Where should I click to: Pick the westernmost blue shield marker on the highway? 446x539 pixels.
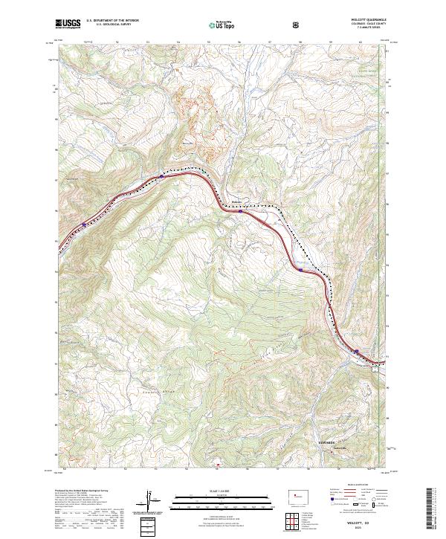(x=83, y=223)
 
